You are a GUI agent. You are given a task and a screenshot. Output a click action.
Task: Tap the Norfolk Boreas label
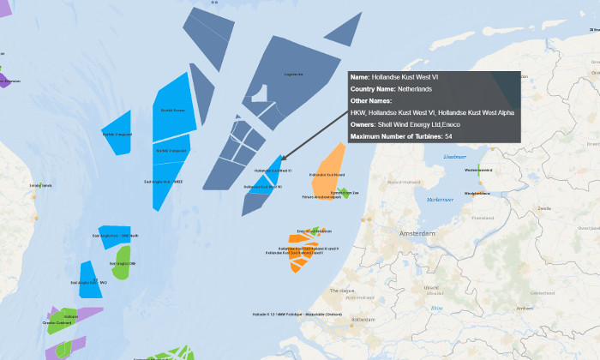pyautogui.click(x=173, y=111)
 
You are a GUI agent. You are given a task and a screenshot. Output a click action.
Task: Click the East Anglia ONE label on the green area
pyautogui.click(x=122, y=263)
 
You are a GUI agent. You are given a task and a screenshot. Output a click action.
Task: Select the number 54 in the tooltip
pyautogui.click(x=448, y=136)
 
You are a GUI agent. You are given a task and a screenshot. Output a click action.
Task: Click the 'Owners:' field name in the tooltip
pyautogui.click(x=369, y=124)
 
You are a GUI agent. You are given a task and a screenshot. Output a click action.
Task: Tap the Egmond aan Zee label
pyautogui.click(x=346, y=193)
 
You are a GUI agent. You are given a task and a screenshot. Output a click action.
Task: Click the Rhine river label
pyautogui.click(x=437, y=307)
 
